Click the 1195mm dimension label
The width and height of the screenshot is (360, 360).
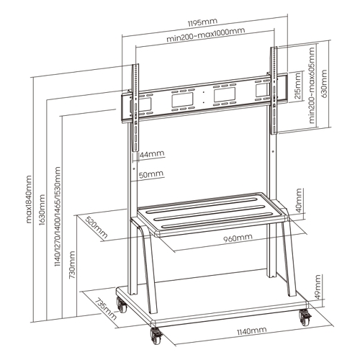pyautogui.click(x=202, y=22)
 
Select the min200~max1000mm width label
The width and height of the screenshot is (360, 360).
pyautogui.click(x=206, y=35)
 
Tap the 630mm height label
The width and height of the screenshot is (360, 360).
pyautogui.click(x=324, y=84)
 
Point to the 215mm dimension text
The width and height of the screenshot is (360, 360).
pyautogui.click(x=297, y=86)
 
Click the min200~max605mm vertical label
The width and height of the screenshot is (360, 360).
pyautogui.click(x=311, y=85)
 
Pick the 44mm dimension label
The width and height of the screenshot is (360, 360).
pyautogui.click(x=152, y=154)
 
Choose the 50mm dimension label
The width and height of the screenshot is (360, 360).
pyautogui.click(x=151, y=174)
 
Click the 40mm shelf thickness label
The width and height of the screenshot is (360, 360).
pyautogui.click(x=299, y=200)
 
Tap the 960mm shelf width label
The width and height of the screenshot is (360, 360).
pyautogui.click(x=238, y=238)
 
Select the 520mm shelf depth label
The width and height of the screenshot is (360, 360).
pyautogui.click(x=96, y=228)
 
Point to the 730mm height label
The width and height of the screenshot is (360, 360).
pyautogui.click(x=72, y=265)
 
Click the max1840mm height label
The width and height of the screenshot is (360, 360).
pyautogui.click(x=28, y=199)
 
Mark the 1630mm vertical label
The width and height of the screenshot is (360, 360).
pyautogui.click(x=42, y=210)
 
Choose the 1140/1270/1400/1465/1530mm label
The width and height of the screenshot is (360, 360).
pyautogui.click(x=58, y=217)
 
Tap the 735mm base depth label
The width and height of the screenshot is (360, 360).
pyautogui.click(x=106, y=310)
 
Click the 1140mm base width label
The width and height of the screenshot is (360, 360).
pyautogui.click(x=252, y=331)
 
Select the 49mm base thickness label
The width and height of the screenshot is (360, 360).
pyautogui.click(x=318, y=287)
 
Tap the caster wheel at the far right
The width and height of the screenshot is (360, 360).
pyautogui.click(x=305, y=318)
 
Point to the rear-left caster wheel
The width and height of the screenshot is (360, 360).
pyautogui.click(x=122, y=305)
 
